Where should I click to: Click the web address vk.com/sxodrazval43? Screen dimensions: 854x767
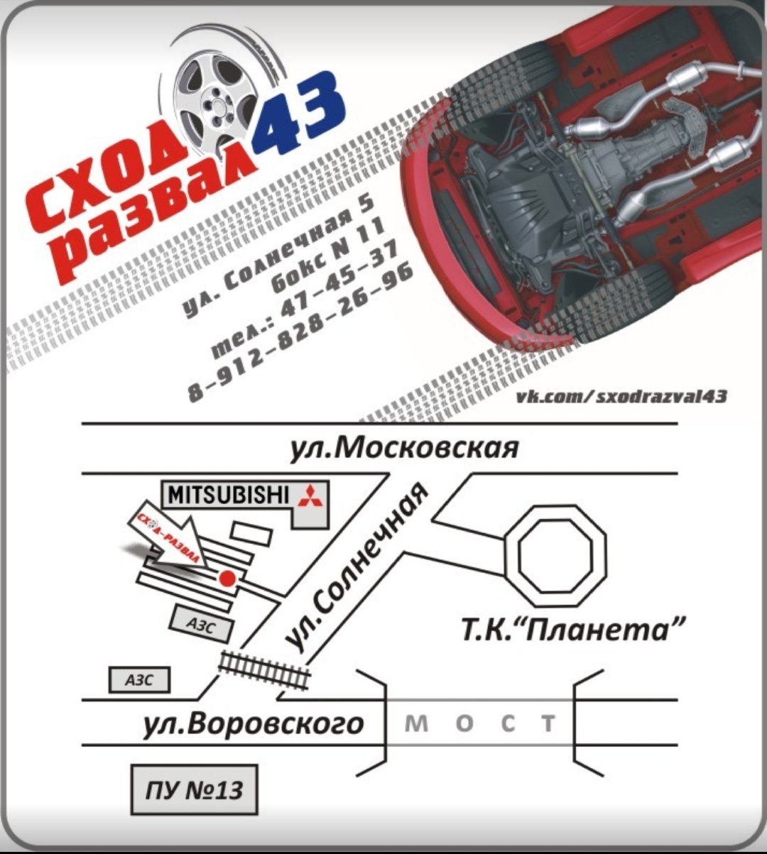621,395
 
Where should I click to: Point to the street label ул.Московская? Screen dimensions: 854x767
404,448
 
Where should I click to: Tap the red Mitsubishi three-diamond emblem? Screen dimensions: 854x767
310,495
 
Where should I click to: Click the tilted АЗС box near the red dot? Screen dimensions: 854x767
201,625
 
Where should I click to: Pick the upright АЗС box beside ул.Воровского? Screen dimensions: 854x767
139,680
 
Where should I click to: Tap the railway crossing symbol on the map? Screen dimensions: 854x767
264,668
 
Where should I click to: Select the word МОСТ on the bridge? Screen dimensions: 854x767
479,723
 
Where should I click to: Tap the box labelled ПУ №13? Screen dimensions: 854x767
194,789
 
